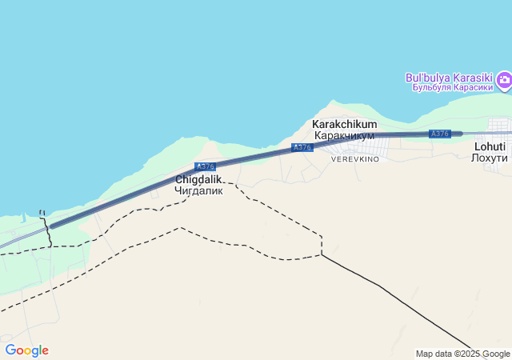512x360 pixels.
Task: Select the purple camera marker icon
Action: (504, 79)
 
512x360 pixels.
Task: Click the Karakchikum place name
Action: (344, 125)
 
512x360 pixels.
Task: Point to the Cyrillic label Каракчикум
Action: (344, 136)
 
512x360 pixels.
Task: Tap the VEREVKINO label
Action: (355, 159)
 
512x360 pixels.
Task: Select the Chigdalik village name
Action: (198, 180)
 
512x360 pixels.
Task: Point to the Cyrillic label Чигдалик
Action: (198, 191)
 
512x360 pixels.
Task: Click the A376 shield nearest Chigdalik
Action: (206, 166)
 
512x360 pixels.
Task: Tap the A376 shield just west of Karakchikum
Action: (302, 147)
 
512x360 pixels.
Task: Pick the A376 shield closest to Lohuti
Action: (439, 134)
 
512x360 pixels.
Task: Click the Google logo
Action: (26, 350)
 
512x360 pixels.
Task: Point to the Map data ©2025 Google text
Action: (462, 354)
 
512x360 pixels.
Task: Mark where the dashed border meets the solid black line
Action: (322, 255)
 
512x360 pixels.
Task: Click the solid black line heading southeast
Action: (400, 300)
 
